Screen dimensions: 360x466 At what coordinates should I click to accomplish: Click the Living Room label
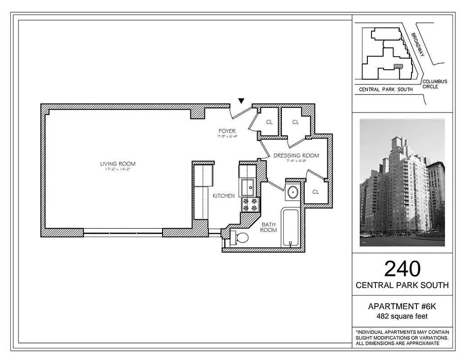coord(118,164)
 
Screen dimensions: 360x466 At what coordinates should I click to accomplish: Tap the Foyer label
coord(227,131)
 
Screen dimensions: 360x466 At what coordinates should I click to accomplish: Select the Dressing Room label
coord(296,156)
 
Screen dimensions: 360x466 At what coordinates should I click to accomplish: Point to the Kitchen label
coord(224,196)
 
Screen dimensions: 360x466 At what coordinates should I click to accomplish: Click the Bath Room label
coord(268,227)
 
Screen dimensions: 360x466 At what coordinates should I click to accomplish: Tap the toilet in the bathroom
coord(239,238)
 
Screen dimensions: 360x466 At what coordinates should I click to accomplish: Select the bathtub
coord(290,227)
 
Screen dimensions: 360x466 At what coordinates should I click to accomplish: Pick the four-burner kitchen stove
coord(250,205)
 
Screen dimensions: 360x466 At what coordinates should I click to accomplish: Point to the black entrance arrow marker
coord(242,101)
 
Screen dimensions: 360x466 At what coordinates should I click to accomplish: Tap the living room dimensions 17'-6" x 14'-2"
coord(118,170)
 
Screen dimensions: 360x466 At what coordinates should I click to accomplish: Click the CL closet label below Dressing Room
coord(316,192)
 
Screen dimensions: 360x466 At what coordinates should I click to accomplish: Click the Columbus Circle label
coord(434,84)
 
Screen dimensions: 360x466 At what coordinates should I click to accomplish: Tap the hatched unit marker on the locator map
coord(398,66)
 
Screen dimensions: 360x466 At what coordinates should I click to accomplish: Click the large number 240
coord(402,269)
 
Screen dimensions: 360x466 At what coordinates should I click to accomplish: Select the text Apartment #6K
coord(402,306)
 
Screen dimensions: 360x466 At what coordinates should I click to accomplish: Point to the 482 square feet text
coord(402,316)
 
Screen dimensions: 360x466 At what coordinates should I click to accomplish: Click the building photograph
coord(402,182)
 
